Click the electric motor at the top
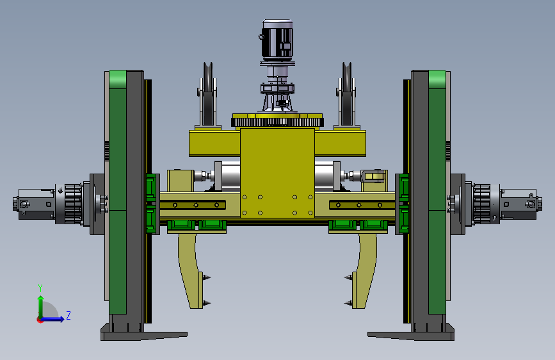tap(278, 39)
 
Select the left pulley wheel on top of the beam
tap(208, 94)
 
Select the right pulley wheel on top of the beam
tap(346, 94)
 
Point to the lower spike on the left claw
tap(207, 303)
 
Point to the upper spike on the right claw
tap(348, 277)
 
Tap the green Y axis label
tap(40, 288)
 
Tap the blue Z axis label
tap(68, 315)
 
